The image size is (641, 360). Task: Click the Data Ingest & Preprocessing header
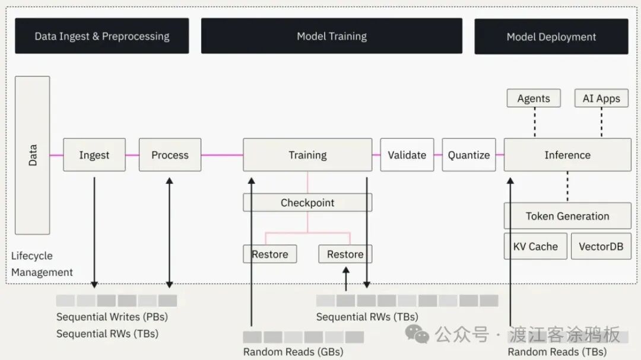click(x=101, y=36)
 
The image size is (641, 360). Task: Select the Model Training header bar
click(x=331, y=36)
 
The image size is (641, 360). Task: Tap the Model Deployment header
click(x=551, y=37)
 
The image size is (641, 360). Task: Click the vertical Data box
click(x=33, y=155)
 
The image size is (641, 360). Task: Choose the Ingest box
click(x=94, y=155)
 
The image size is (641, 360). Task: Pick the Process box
click(x=170, y=155)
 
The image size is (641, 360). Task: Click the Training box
click(x=307, y=155)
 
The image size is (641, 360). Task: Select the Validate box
click(x=407, y=155)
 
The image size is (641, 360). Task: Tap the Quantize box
click(x=468, y=155)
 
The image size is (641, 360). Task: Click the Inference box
click(x=567, y=155)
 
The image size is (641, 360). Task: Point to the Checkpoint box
click(x=307, y=203)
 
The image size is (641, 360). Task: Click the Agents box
click(x=534, y=98)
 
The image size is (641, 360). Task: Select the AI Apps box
click(x=601, y=98)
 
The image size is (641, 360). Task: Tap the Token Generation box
click(x=567, y=216)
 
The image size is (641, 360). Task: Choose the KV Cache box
click(x=535, y=246)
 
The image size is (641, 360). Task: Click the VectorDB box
click(x=601, y=246)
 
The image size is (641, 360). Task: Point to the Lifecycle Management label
click(x=42, y=264)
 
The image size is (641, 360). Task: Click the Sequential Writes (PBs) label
click(x=112, y=317)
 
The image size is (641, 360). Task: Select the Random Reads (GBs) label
click(x=293, y=352)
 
